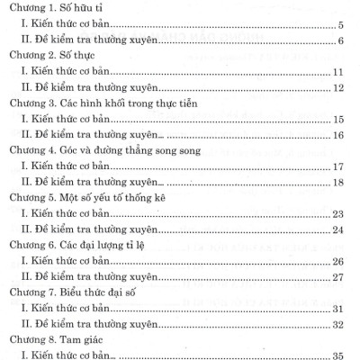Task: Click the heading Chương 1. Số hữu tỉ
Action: point(54,11)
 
